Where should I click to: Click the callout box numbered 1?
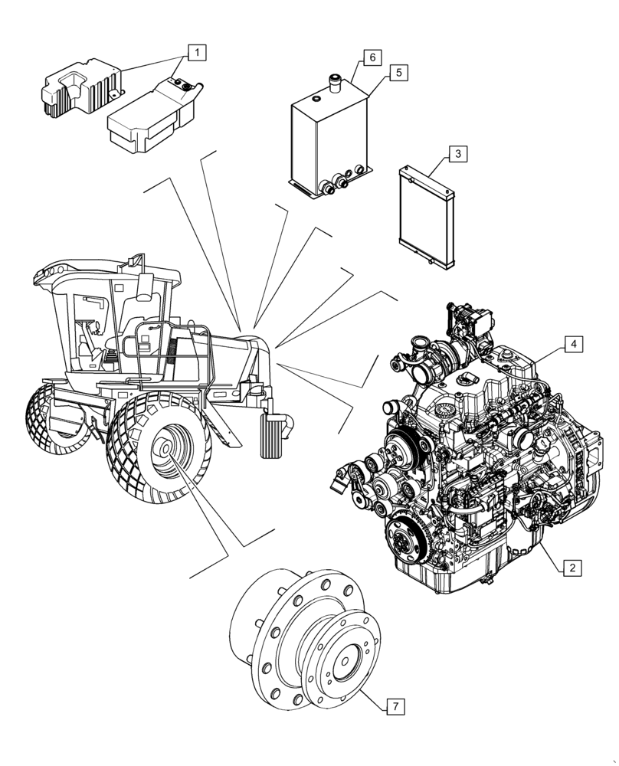(197, 53)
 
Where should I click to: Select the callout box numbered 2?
(572, 568)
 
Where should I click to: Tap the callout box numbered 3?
(457, 154)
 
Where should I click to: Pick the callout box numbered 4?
(572, 345)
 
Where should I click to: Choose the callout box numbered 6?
(371, 57)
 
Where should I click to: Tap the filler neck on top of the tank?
(334, 83)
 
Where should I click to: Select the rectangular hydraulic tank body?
(326, 142)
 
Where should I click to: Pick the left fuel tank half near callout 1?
(77, 88)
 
